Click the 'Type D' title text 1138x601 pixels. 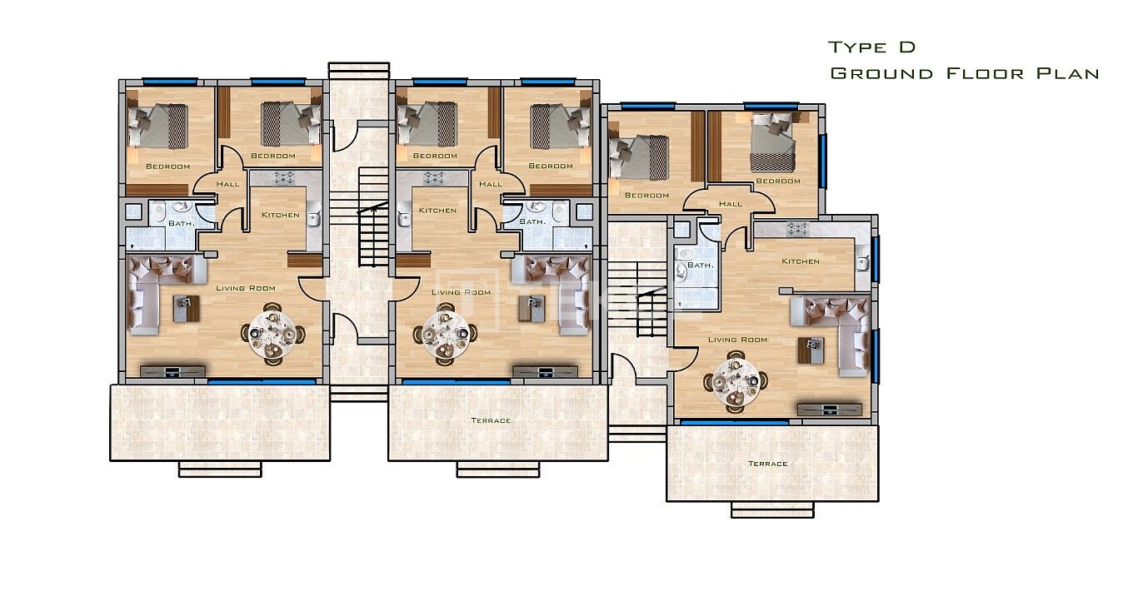tap(871, 47)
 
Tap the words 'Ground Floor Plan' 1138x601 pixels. tap(965, 73)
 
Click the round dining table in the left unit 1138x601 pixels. tap(273, 335)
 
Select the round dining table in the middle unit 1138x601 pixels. tap(446, 335)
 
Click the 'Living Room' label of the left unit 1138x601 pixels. tap(246, 288)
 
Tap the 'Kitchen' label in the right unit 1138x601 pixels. tap(801, 261)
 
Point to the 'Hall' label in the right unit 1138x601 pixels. tap(731, 204)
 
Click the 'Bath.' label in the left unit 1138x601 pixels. tap(181, 223)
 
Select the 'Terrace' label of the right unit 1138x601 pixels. tap(767, 464)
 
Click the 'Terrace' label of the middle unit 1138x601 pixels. tap(491, 421)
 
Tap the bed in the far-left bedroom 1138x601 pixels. tap(157, 127)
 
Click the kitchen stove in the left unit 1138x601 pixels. tap(282, 177)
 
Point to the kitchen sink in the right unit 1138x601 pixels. tap(861, 263)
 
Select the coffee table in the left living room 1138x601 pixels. tap(186, 308)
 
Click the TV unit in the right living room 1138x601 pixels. tap(829, 409)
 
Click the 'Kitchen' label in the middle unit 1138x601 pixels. tap(437, 211)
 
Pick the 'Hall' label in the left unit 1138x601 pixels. tap(227, 184)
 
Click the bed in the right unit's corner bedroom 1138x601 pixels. tap(773, 142)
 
